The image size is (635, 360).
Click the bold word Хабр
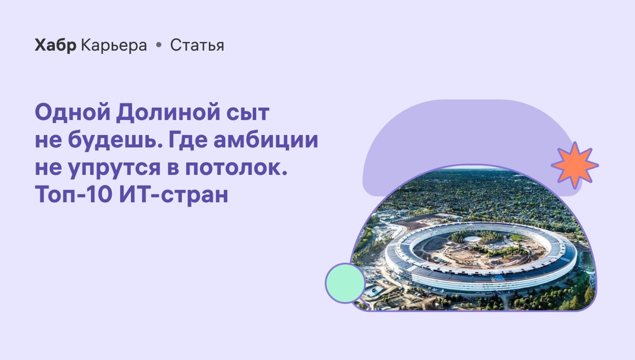pyautogui.click(x=56, y=45)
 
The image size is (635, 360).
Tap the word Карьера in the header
pyautogui.click(x=114, y=45)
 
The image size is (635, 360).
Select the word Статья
pyautogui.click(x=197, y=45)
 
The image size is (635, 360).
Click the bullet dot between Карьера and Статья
pyautogui.click(x=159, y=45)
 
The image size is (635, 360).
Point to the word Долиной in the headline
pyautogui.click(x=168, y=113)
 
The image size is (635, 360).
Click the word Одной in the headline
pyautogui.click(x=72, y=113)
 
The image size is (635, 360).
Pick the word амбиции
pyautogui.click(x=265, y=140)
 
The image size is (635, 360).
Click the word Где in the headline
pyautogui.click(x=188, y=140)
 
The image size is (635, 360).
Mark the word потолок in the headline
pyautogui.click(x=233, y=168)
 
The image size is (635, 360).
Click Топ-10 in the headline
pyautogui.click(x=74, y=195)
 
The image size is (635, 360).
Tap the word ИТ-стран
pyautogui.click(x=174, y=195)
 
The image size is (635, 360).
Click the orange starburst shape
pyautogui.click(x=574, y=166)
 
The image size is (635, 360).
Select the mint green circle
pyautogui.click(x=345, y=283)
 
